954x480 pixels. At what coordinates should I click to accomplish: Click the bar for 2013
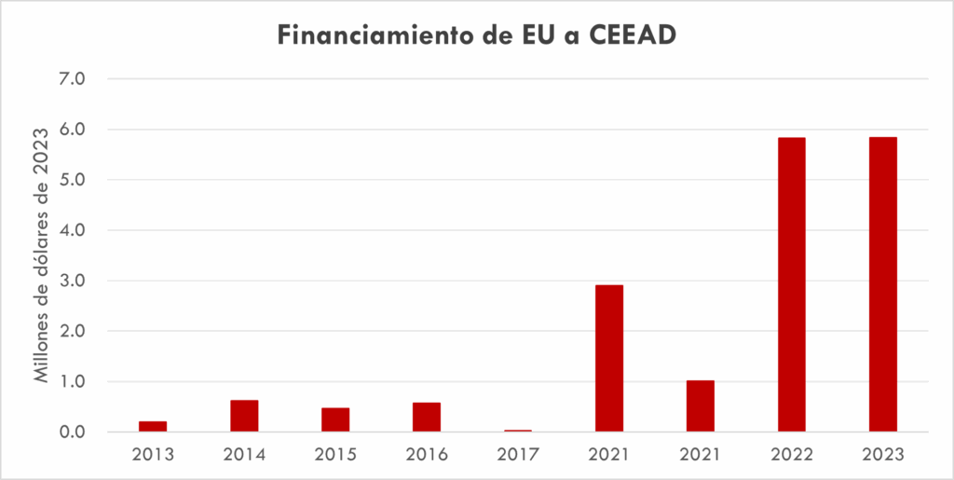pyautogui.click(x=153, y=426)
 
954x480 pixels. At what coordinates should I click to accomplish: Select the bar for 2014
pyautogui.click(x=244, y=416)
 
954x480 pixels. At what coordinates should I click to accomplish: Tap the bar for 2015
pyautogui.click(x=335, y=419)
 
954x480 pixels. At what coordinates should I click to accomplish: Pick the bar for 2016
pyautogui.click(x=427, y=417)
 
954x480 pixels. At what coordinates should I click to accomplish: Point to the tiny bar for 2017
pyautogui.click(x=518, y=431)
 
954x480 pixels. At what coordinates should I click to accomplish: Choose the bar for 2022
pyautogui.click(x=792, y=284)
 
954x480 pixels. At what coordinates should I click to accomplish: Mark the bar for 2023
pyautogui.click(x=883, y=284)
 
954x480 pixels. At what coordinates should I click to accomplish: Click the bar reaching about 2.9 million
pyautogui.click(x=609, y=358)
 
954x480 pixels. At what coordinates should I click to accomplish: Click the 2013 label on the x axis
pyautogui.click(x=153, y=455)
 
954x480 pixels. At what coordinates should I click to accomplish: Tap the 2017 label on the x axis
pyautogui.click(x=518, y=455)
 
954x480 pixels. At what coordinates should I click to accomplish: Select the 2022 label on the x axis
pyautogui.click(x=792, y=455)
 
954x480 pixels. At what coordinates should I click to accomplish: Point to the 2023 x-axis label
pyautogui.click(x=883, y=455)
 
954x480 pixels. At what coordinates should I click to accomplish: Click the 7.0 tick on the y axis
pyautogui.click(x=72, y=79)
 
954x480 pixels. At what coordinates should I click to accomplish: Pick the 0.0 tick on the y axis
pyautogui.click(x=72, y=432)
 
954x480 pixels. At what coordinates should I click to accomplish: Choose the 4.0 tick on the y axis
pyautogui.click(x=72, y=230)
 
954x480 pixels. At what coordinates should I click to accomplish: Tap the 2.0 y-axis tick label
pyautogui.click(x=72, y=332)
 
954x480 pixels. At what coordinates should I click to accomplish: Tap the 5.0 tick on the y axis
pyautogui.click(x=72, y=180)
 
